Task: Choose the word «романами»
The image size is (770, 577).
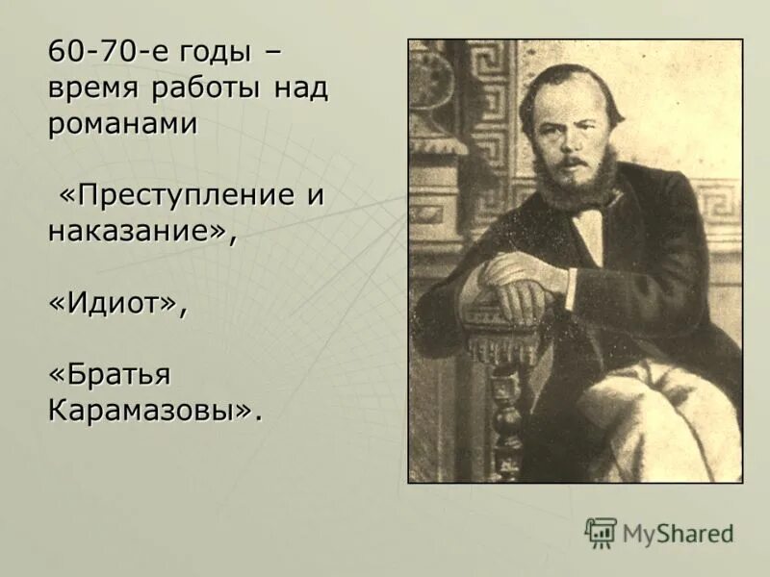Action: click(122, 124)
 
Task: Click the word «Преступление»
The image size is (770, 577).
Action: click(184, 194)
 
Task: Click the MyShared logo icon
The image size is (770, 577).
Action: click(601, 532)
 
